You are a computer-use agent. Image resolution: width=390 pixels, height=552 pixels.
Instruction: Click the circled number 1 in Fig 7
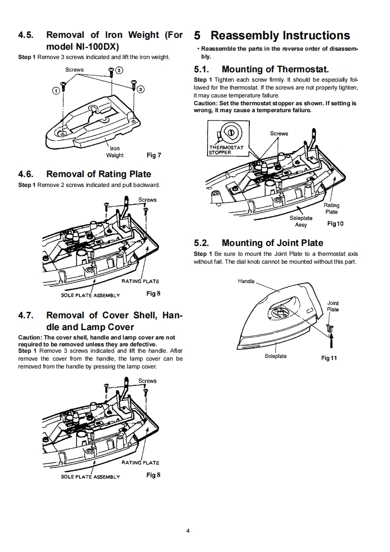point(56,91)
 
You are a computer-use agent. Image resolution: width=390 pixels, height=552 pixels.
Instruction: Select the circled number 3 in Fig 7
point(141,90)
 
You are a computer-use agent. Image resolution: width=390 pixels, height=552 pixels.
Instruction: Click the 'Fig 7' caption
point(154,155)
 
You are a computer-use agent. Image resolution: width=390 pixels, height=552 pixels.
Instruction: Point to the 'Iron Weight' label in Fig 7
point(115,152)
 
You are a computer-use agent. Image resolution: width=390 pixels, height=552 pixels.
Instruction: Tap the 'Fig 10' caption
point(335,223)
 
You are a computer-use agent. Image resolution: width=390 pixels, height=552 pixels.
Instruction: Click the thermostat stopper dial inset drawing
point(229,132)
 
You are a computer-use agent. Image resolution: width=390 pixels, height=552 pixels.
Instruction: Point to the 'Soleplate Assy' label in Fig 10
point(300,221)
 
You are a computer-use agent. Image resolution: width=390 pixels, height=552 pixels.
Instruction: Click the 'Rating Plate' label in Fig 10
point(331,209)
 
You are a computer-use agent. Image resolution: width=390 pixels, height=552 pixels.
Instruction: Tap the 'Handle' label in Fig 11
point(246,281)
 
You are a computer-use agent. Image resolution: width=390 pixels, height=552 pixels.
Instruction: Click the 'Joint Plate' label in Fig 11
point(333,306)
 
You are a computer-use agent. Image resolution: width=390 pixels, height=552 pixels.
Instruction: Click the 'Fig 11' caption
point(329,358)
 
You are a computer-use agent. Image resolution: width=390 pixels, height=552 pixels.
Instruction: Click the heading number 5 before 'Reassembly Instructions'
point(197,36)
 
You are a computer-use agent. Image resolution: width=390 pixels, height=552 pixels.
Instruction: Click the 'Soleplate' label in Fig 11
point(275,356)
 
